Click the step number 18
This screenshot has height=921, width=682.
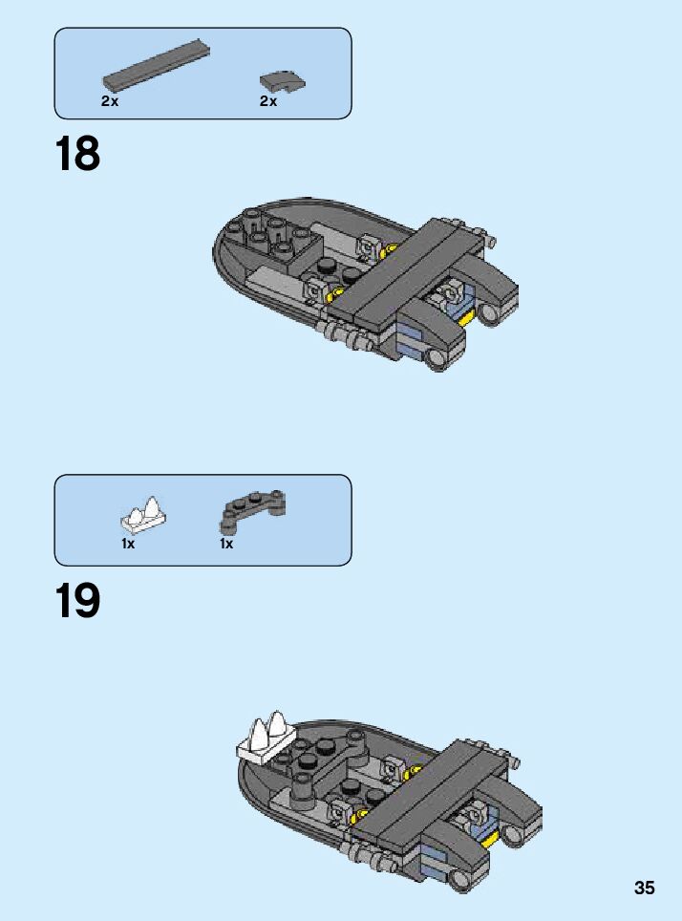pyautogui.click(x=77, y=154)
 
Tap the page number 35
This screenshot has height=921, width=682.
pyautogui.click(x=645, y=888)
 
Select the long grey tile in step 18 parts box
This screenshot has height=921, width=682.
pyautogui.click(x=157, y=65)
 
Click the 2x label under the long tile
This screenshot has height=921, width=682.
pyautogui.click(x=110, y=101)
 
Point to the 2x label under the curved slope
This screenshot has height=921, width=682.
pyautogui.click(x=268, y=101)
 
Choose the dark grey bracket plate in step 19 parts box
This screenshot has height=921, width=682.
pyautogui.click(x=253, y=509)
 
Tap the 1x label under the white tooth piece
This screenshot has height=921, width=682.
pyautogui.click(x=128, y=544)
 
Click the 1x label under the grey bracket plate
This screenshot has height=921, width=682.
pyautogui.click(x=226, y=544)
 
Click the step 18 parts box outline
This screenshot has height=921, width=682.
pyautogui.click(x=202, y=28)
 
